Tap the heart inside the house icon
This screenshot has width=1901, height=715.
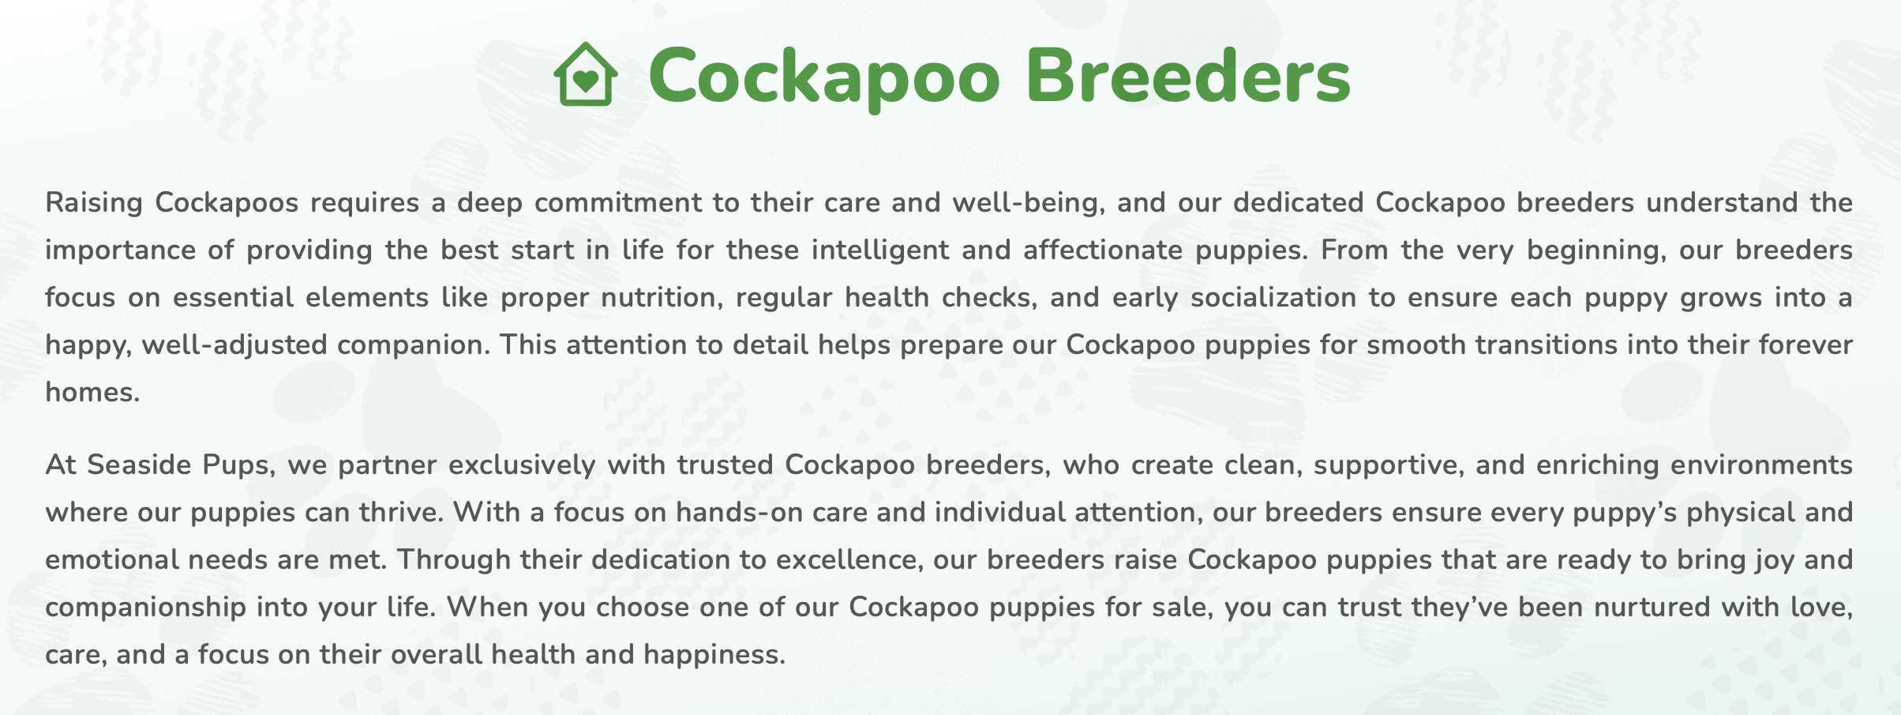coord(585,81)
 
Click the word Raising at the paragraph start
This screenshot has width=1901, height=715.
coord(94,203)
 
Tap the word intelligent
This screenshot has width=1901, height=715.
coord(880,250)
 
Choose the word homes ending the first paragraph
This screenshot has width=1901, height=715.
coord(92,393)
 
